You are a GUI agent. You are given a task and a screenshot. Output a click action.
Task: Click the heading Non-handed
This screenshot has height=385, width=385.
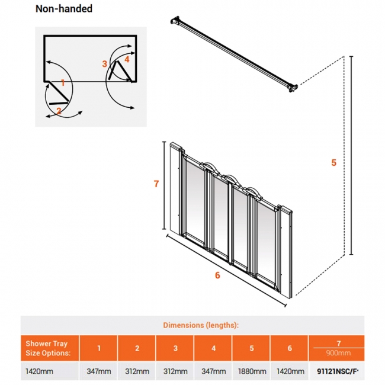click(x=63, y=9)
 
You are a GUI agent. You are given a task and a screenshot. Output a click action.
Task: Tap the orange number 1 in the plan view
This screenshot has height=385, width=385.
click(x=63, y=84)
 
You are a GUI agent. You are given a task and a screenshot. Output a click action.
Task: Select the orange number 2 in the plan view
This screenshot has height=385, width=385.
click(x=59, y=110)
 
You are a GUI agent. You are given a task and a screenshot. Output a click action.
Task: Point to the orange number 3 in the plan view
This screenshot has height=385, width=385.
click(x=104, y=63)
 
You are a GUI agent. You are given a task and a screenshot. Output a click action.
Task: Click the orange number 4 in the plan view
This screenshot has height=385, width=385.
click(x=127, y=59)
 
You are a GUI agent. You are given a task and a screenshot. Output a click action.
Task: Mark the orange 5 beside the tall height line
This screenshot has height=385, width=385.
click(x=333, y=162)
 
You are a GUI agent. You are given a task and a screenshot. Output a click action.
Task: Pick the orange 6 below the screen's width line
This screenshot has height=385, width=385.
click(x=217, y=275)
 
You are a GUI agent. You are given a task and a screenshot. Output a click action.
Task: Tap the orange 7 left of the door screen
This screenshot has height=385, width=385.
click(x=156, y=184)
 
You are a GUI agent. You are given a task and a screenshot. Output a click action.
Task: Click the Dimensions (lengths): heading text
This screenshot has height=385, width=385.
click(x=201, y=325)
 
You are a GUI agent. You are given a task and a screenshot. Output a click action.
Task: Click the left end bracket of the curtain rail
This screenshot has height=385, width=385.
click(x=175, y=22)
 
